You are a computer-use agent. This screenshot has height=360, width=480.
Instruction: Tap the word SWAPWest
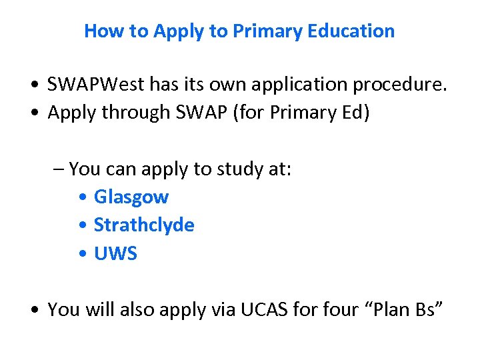96,85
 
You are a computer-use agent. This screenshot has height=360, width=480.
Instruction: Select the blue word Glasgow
131,197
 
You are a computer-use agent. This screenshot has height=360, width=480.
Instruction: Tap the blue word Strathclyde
144,225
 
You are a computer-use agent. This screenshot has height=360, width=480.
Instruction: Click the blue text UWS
115,254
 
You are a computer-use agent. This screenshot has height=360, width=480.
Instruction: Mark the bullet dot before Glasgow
81,198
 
